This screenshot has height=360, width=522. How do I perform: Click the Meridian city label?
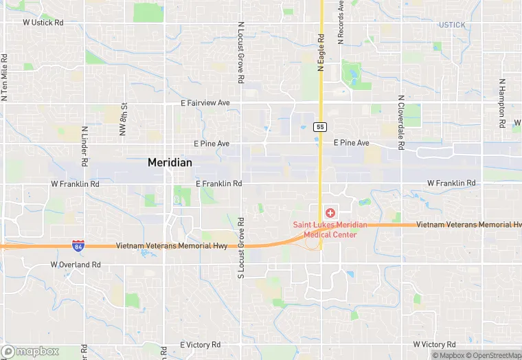(x=170, y=162)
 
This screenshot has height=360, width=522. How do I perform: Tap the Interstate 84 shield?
(x=78, y=245)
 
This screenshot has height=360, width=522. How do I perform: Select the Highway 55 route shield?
(x=319, y=127)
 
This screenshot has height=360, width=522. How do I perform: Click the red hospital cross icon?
(x=330, y=212)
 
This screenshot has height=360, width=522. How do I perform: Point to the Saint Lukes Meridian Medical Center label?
(x=330, y=229)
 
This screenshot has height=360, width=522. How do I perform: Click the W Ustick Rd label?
(x=43, y=23)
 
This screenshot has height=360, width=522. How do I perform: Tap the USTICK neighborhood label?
(x=452, y=25)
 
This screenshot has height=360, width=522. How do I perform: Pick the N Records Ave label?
(x=341, y=24)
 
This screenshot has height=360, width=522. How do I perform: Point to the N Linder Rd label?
(x=84, y=147)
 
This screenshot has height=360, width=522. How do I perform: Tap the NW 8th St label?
(x=124, y=119)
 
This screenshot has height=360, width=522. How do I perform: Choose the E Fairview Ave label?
(x=205, y=103)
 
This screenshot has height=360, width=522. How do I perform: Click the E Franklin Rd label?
(x=218, y=183)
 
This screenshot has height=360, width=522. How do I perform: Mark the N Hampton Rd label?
(x=502, y=95)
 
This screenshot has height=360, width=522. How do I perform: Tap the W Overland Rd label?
(x=76, y=265)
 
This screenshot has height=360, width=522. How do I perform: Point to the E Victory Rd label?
(x=200, y=344)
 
